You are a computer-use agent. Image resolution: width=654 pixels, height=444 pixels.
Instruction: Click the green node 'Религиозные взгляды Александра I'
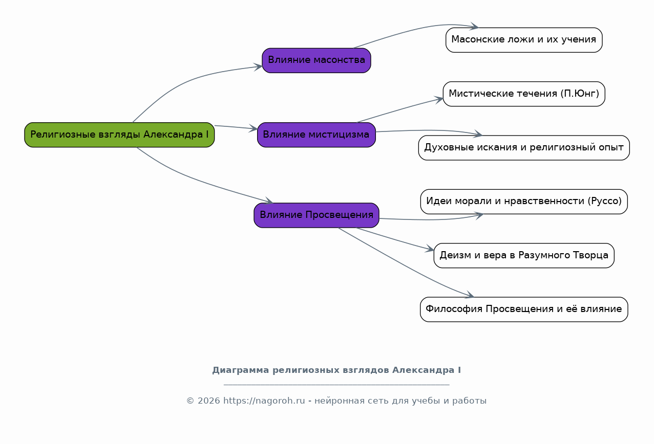(119, 135)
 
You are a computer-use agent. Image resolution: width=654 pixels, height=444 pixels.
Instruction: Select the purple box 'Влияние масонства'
(317, 60)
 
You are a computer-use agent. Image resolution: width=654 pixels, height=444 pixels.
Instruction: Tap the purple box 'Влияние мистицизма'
(317, 135)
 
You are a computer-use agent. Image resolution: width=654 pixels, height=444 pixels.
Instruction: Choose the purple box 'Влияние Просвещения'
(317, 215)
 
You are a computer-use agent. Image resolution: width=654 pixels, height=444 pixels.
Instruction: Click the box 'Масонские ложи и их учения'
(524, 40)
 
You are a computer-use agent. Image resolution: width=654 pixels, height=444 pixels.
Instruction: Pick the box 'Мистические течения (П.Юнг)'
(524, 94)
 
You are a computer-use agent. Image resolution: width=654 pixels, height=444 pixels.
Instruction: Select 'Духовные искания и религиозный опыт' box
(524, 148)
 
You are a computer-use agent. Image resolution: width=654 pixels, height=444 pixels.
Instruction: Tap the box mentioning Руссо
(524, 202)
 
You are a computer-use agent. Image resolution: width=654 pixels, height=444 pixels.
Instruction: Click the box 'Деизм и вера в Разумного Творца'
(524, 256)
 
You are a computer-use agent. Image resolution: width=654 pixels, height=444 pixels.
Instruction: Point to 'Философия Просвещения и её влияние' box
(524, 309)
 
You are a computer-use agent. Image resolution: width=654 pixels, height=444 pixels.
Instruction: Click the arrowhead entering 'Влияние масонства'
(258, 67)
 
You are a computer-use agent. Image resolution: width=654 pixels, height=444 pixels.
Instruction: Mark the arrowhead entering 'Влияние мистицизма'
(253, 128)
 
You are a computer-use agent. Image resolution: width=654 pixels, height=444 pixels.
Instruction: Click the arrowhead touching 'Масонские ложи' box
(474, 26)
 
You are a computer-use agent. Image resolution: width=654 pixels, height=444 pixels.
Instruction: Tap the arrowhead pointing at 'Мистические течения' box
(439, 100)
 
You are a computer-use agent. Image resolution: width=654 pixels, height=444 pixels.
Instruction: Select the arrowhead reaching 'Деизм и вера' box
(430, 249)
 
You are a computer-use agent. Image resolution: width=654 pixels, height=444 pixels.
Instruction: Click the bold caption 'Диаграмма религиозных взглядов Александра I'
(336, 370)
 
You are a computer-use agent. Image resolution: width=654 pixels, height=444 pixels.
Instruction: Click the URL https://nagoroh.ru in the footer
(264, 401)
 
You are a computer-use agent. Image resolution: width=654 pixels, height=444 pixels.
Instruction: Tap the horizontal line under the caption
(336, 385)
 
